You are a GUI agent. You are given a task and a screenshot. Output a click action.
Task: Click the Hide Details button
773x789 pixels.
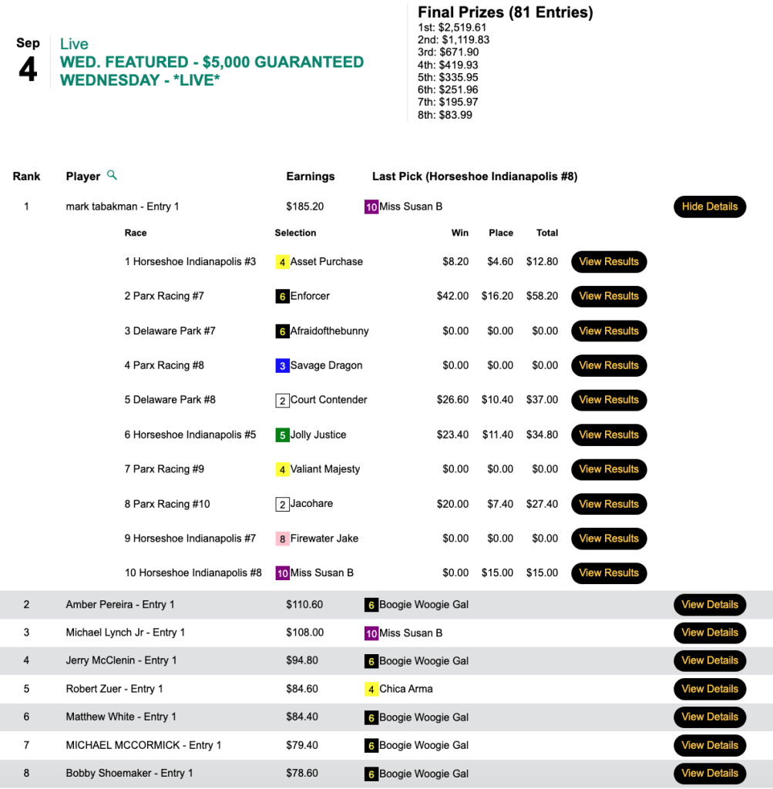coord(710,206)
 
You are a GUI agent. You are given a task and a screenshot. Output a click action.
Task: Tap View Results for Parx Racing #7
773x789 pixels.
coord(609,296)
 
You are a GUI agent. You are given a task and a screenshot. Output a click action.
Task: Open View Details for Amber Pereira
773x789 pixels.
coord(710,605)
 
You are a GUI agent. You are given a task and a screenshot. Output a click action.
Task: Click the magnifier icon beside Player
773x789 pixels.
coord(113,176)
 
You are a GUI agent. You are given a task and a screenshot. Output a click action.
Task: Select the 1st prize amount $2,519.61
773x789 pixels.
coord(462,28)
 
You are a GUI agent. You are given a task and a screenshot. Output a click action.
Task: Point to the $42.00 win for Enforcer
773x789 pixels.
coord(452,296)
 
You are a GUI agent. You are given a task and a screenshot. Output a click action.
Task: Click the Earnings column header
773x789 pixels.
coord(311,176)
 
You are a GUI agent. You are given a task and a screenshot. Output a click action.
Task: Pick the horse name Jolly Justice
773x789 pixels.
coord(318,435)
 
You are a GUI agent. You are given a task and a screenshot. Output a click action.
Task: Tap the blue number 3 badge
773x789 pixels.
coord(282,366)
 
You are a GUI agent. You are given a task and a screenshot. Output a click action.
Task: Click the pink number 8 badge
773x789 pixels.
coord(282,539)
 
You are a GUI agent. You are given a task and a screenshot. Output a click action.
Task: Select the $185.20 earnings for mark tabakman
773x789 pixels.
coord(304,206)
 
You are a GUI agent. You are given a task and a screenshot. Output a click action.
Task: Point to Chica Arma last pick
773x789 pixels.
coord(405,689)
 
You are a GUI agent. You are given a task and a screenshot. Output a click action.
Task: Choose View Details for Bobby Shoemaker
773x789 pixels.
coord(710,773)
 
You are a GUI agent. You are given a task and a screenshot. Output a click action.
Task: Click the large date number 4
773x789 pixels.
coord(28,69)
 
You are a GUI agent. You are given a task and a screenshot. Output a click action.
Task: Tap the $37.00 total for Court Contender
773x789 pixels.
coord(542,400)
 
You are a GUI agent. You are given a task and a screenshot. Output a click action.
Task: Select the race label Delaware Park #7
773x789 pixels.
coord(170,331)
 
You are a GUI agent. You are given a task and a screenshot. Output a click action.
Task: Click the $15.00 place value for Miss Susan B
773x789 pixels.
coord(500,572)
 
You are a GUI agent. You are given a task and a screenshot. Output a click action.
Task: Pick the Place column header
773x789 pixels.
coord(500,233)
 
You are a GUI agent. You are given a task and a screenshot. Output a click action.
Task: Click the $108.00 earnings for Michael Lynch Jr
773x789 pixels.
coord(304,633)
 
